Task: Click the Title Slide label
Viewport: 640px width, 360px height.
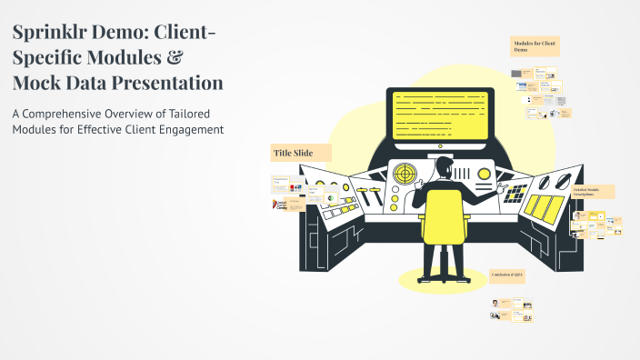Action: click(x=294, y=154)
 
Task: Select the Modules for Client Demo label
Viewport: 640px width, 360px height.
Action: click(x=535, y=45)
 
